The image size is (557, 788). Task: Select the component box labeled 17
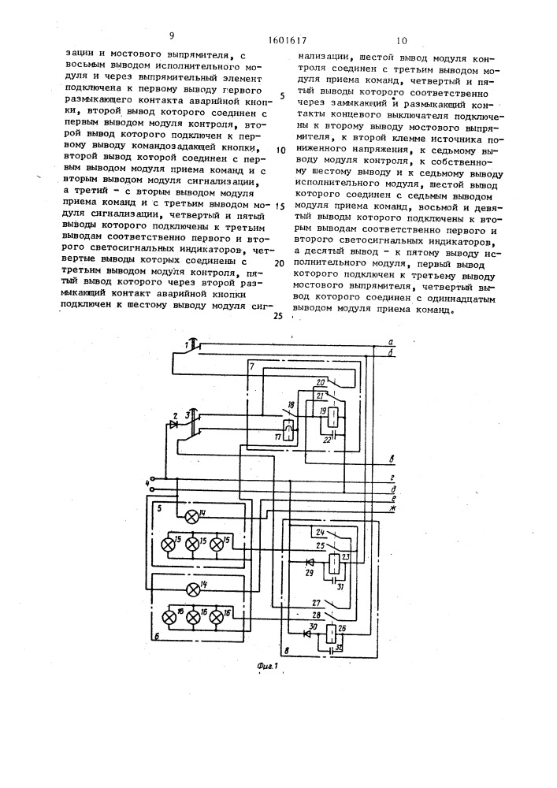coord(288,429)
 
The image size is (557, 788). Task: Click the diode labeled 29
coord(310,563)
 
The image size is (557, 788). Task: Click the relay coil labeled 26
coord(334,634)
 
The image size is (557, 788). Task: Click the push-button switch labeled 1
coord(193,344)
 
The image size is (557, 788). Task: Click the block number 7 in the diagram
coord(251,368)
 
